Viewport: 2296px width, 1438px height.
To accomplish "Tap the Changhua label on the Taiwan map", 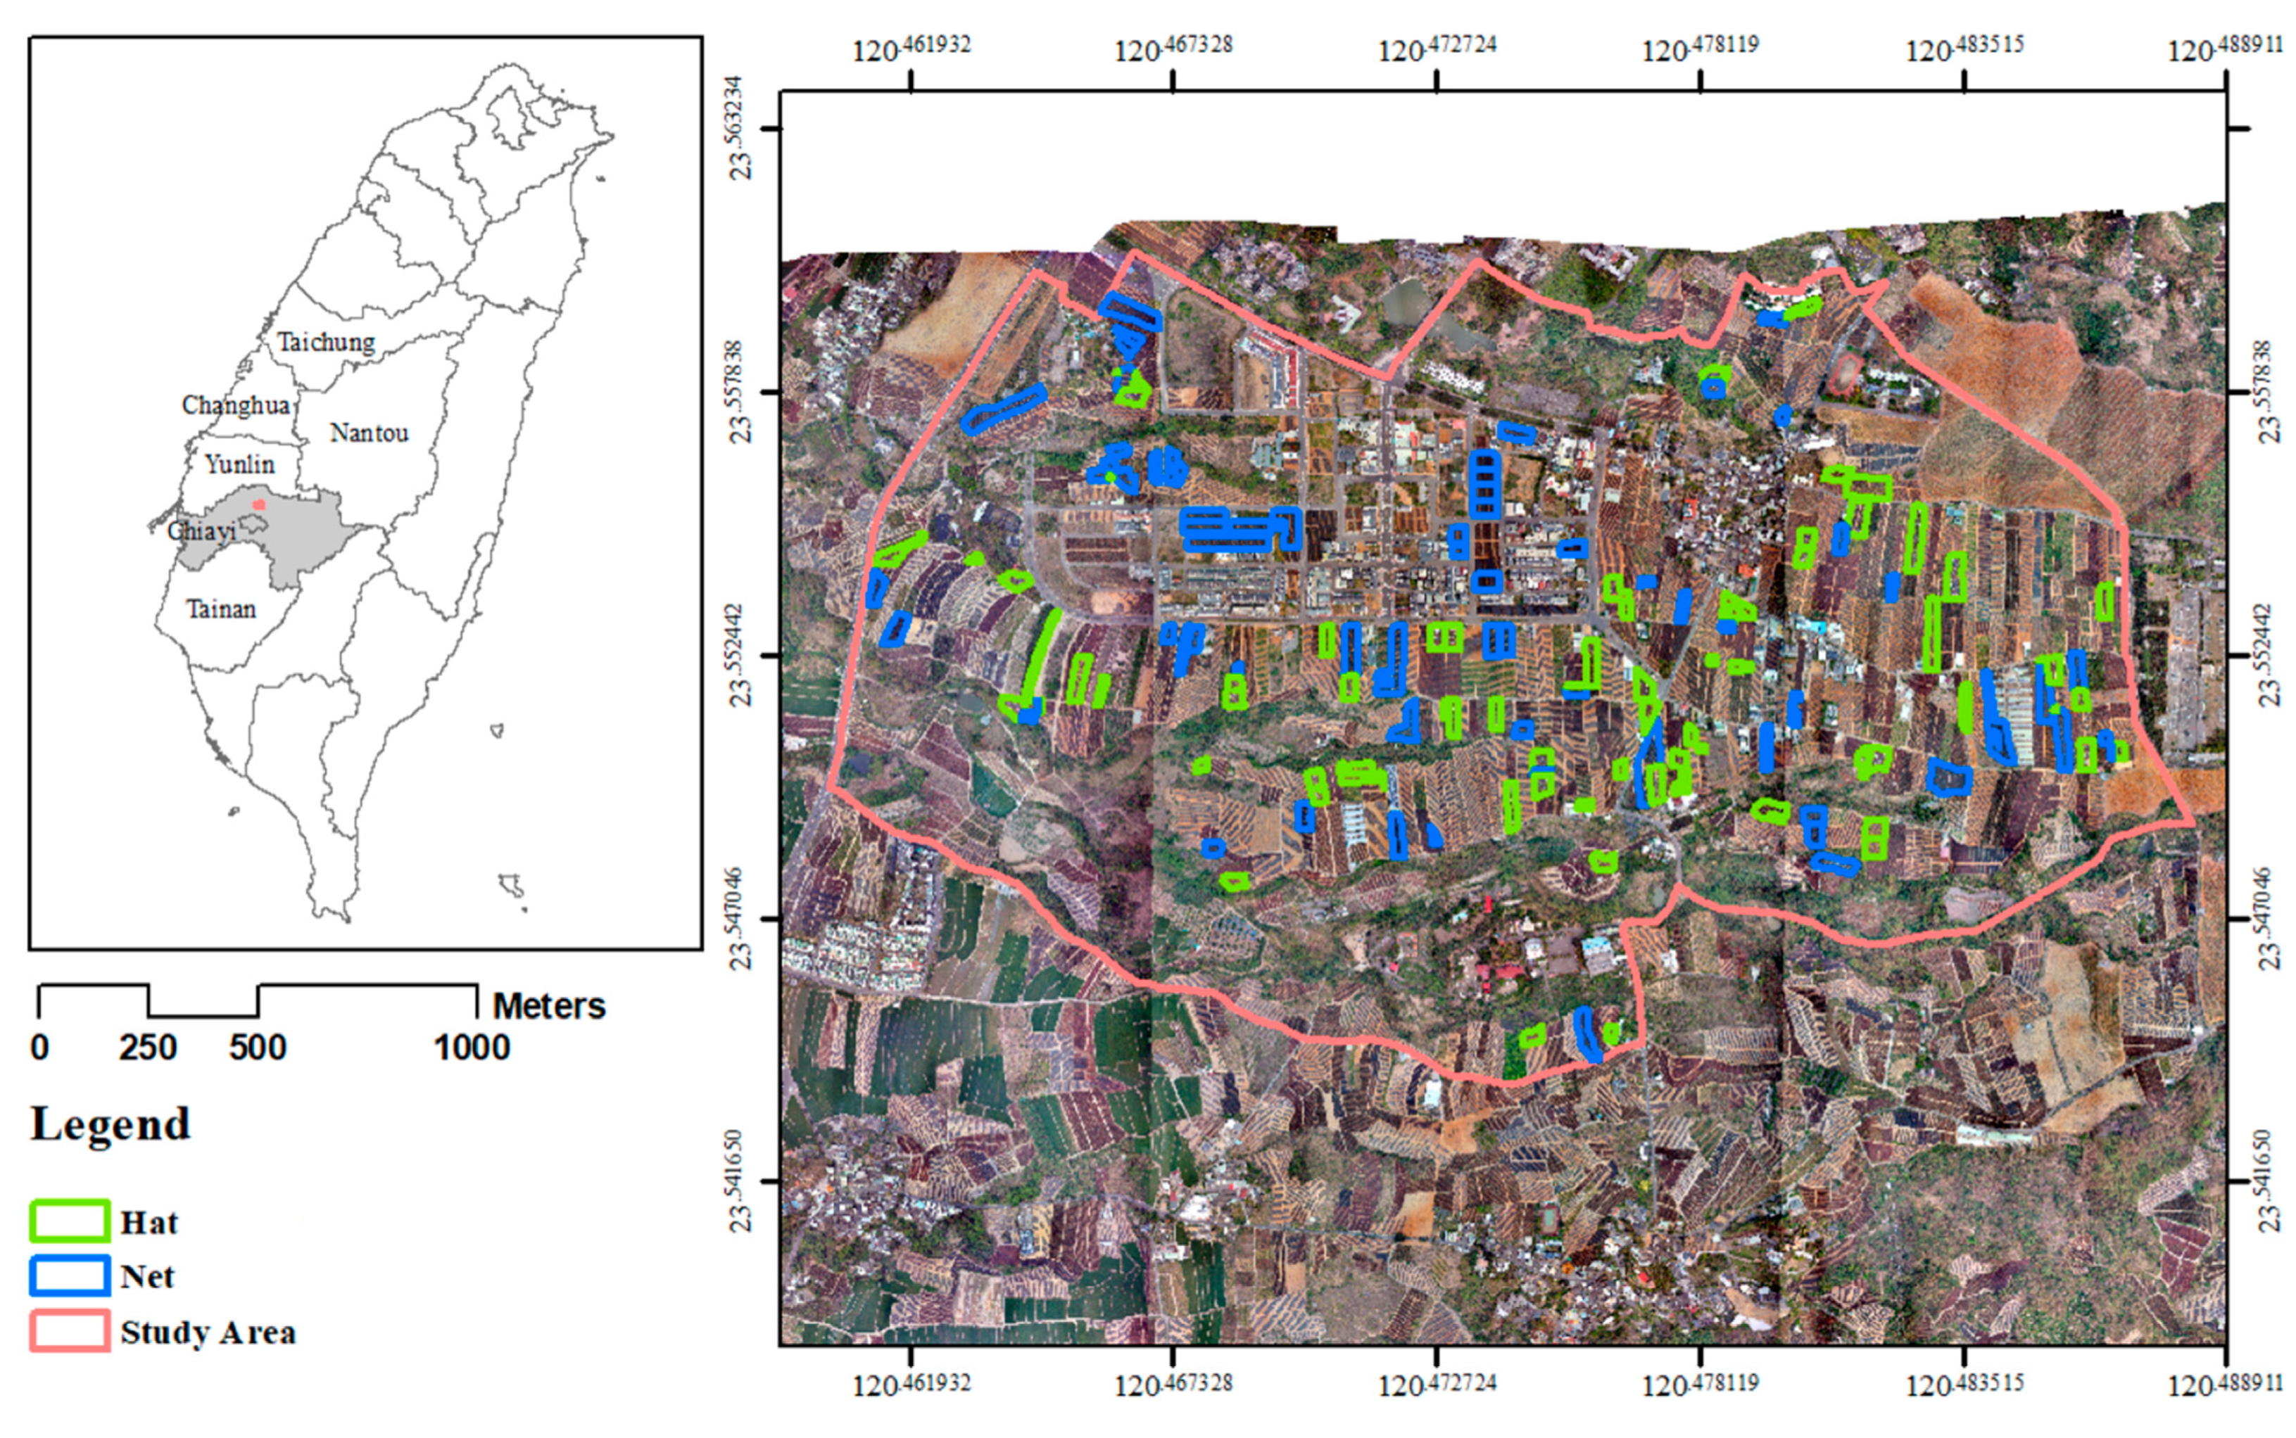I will coord(235,405).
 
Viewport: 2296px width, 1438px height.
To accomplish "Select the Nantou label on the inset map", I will coord(370,433).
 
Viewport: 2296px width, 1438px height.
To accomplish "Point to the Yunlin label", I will coord(240,464).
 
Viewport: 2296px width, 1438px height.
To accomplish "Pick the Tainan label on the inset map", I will coord(221,609).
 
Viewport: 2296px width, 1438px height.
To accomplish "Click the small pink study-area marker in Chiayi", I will coord(259,504).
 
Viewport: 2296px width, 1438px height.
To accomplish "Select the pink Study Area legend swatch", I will coord(70,1330).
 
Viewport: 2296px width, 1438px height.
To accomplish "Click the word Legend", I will coord(111,1124).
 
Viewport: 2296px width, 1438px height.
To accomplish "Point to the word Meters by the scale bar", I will coord(549,1005).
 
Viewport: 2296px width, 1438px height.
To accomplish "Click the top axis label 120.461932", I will coord(911,48).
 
